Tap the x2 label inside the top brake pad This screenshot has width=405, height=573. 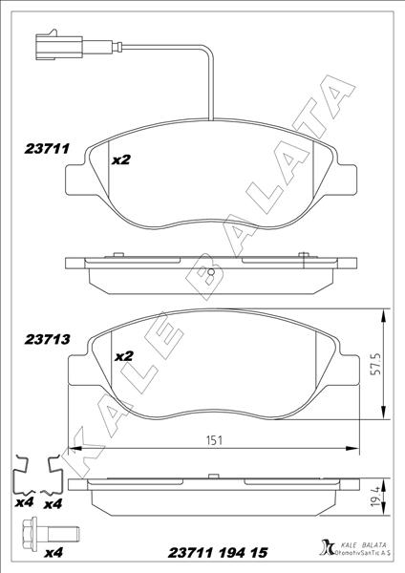tap(121, 159)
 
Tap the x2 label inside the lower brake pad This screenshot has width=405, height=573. tap(123, 355)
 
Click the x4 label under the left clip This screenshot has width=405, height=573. tap(23, 502)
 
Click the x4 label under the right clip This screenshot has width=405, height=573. tap(53, 502)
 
